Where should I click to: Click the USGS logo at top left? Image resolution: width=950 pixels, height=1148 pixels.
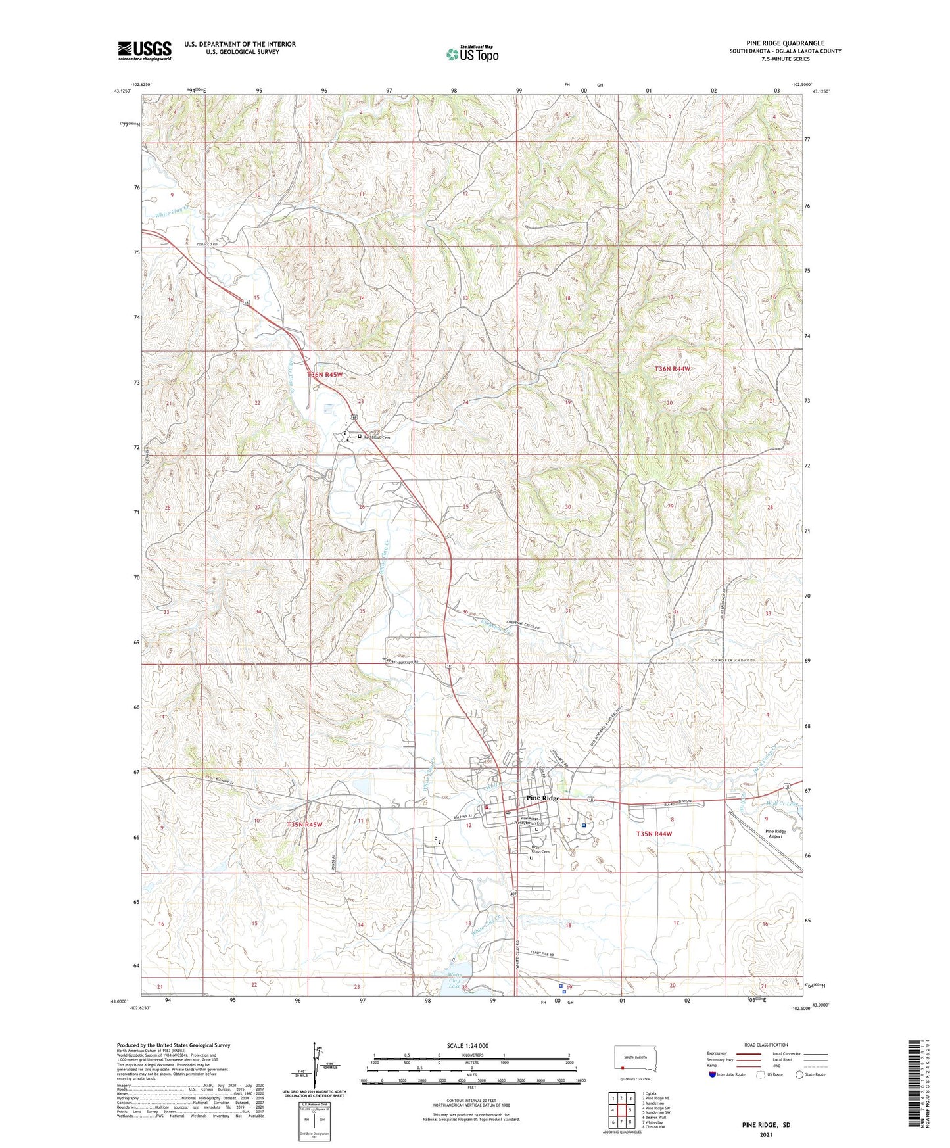point(145,51)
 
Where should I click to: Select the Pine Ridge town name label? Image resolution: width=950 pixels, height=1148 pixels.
point(543,798)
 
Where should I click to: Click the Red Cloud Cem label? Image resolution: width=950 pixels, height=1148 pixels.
point(377,437)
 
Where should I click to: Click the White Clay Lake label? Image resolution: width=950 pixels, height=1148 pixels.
point(455,980)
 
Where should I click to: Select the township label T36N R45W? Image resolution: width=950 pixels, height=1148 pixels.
point(325,374)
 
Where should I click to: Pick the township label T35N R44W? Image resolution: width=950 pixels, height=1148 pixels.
point(654,834)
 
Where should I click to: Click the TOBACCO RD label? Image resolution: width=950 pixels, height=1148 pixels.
point(206,244)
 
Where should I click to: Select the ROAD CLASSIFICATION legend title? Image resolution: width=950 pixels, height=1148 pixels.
point(766,1045)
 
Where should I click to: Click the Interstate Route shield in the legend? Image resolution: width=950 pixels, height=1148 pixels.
point(713,1074)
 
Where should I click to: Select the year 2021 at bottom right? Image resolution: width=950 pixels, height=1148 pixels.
point(765,1135)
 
